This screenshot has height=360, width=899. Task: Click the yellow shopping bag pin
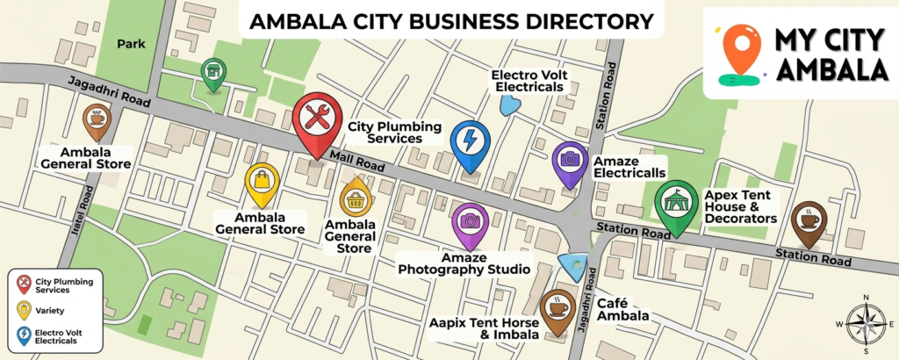pyautogui.click(x=262, y=182)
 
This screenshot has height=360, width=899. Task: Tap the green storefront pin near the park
pyautogui.click(x=212, y=74)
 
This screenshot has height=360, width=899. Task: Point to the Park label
pyautogui.click(x=129, y=43)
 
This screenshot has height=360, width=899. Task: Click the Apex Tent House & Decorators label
pyautogui.click(x=741, y=205)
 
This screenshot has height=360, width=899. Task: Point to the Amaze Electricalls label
pyautogui.click(x=629, y=168)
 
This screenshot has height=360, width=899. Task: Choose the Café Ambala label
pyautogui.click(x=622, y=309)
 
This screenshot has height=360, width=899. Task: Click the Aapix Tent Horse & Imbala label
pyautogui.click(x=479, y=330)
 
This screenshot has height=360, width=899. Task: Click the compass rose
pyautogui.click(x=867, y=323)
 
